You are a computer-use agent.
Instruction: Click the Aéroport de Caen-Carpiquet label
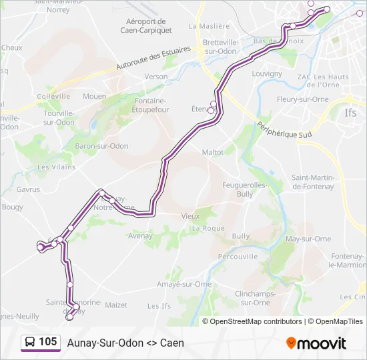pyautogui.click(x=146, y=25)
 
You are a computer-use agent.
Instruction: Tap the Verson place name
pyautogui.click(x=156, y=77)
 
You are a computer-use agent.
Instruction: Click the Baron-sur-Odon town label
pyautogui.click(x=101, y=145)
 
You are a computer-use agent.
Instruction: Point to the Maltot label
pyautogui.click(x=213, y=152)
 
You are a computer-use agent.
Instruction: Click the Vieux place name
pyautogui.click(x=190, y=216)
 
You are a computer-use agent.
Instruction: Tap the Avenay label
pyautogui.click(x=141, y=235)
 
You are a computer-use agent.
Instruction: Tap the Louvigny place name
pyautogui.click(x=268, y=73)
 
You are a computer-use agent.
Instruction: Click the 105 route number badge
pyautogui.click(x=41, y=342)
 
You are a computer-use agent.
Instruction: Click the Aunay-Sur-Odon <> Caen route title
pyautogui.click(x=125, y=343)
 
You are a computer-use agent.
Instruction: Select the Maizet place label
pyautogui.click(x=116, y=305)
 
